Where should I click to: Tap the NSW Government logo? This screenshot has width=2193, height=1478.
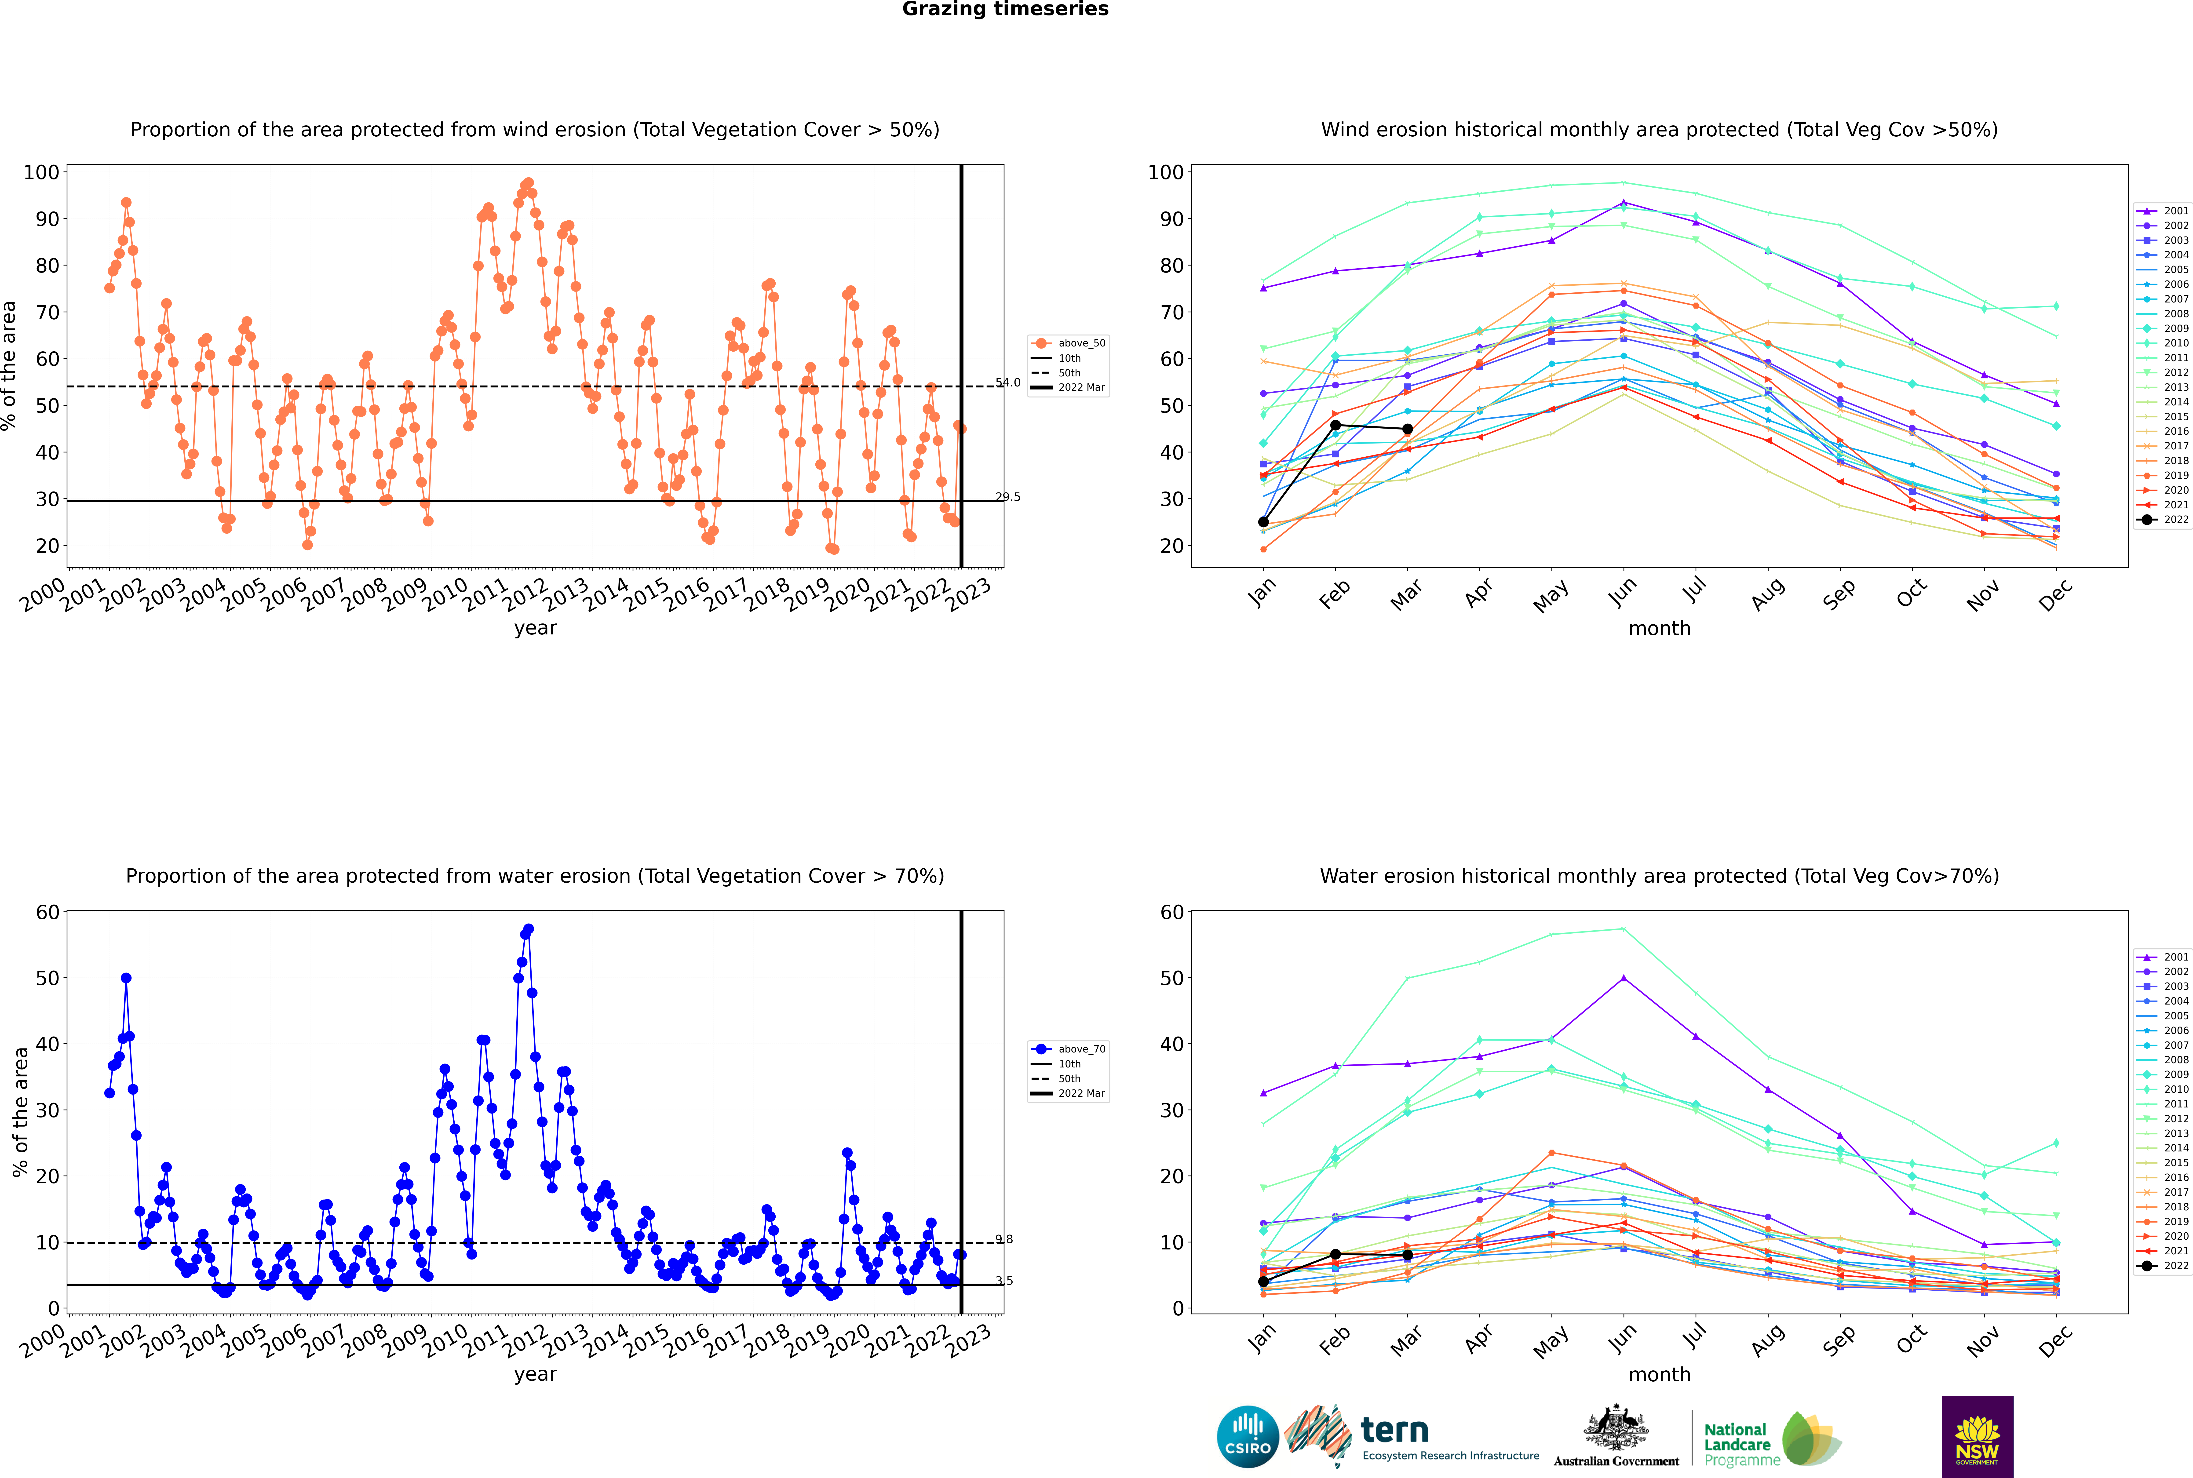[x=1977, y=1436]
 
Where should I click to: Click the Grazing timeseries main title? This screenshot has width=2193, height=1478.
[x=1005, y=9]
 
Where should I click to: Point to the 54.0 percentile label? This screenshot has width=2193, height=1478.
[x=1008, y=383]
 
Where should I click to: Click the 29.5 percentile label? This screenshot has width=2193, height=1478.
[x=1008, y=497]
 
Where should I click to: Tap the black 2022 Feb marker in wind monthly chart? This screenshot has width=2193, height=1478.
[x=1335, y=425]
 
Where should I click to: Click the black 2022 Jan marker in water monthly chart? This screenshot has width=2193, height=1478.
[x=1263, y=1282]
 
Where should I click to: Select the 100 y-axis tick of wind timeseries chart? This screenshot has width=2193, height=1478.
[x=41, y=172]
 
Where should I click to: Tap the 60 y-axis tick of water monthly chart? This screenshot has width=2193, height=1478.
[x=1172, y=912]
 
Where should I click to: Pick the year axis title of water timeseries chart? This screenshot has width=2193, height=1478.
[x=536, y=1374]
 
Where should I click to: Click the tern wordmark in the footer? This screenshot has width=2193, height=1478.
[x=1394, y=1431]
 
